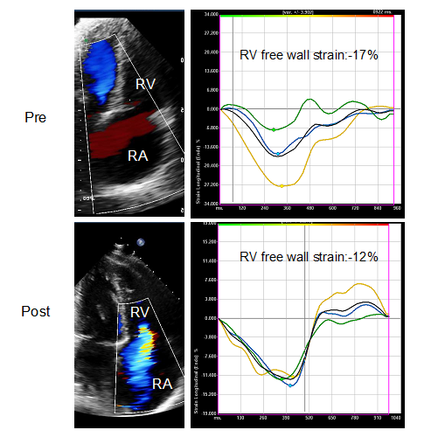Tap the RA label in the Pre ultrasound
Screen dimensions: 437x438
click(x=136, y=157)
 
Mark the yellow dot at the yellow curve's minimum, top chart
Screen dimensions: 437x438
click(x=281, y=185)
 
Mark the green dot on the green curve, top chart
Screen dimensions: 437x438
click(x=274, y=129)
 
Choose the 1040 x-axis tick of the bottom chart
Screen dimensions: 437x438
click(x=396, y=419)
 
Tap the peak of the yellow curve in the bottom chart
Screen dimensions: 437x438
click(x=358, y=284)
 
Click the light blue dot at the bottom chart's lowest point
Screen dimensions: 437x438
click(x=291, y=385)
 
